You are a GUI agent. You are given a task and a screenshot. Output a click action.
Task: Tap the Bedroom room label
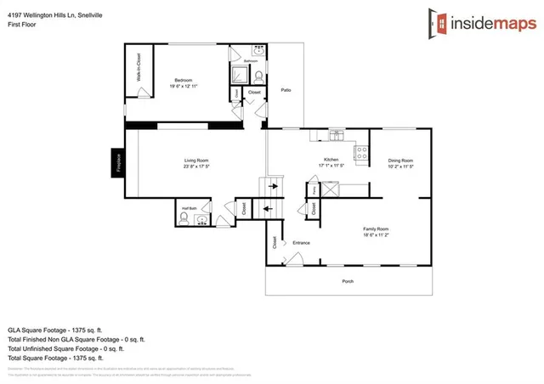point(184,78)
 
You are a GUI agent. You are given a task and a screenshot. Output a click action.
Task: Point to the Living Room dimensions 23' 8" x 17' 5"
point(196,167)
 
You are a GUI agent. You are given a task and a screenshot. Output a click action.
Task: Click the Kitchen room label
point(331,159)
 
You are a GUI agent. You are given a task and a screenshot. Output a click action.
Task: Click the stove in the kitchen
point(360,154)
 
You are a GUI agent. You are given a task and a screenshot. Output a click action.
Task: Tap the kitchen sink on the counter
point(337,134)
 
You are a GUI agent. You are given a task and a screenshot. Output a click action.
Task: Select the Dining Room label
point(400,160)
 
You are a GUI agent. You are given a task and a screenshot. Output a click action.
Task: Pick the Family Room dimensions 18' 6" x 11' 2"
point(375,235)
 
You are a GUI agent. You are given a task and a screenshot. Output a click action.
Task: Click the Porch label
point(348,281)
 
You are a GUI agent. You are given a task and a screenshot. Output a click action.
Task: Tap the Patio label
point(287,112)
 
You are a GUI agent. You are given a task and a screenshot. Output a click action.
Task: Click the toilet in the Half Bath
point(184,218)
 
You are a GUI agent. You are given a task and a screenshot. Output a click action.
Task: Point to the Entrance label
point(302,243)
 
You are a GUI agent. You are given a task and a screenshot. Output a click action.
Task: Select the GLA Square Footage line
point(55,329)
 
